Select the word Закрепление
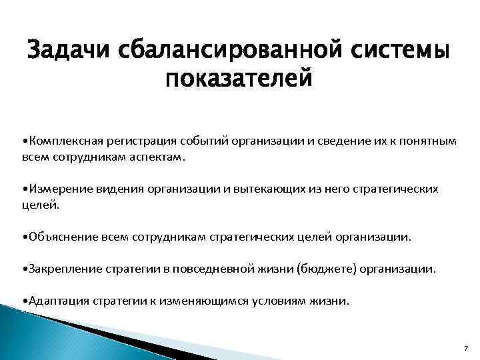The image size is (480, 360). (60, 269)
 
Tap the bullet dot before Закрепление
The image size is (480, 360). (24, 269)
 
